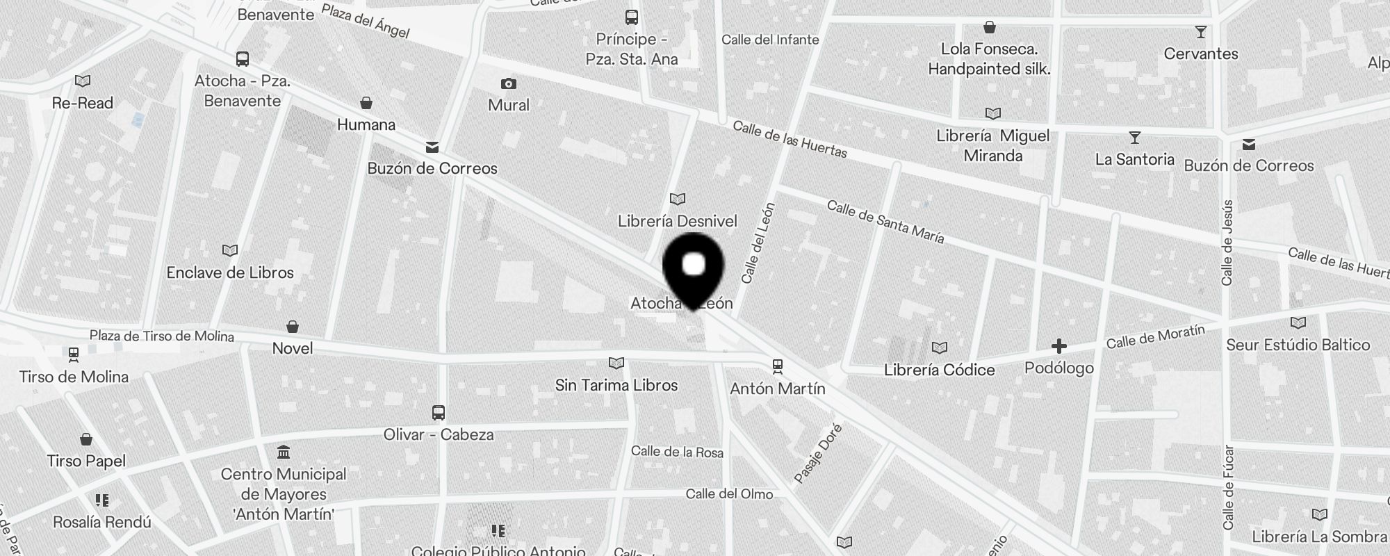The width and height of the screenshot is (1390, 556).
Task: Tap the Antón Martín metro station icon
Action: click(x=778, y=366)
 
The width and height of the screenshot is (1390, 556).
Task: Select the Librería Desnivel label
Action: click(x=677, y=221)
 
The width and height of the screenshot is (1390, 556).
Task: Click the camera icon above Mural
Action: click(x=509, y=84)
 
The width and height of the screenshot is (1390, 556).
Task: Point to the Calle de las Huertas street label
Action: click(x=790, y=139)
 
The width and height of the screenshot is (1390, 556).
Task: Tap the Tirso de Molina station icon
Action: click(x=74, y=354)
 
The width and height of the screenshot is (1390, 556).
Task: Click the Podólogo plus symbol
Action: click(x=1058, y=346)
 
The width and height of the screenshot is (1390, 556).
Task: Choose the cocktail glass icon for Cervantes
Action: click(x=1200, y=32)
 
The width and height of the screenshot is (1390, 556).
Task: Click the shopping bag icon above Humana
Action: click(x=366, y=104)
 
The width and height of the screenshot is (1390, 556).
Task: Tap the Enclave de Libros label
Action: click(x=230, y=272)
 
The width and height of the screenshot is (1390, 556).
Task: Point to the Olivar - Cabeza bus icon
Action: click(x=438, y=413)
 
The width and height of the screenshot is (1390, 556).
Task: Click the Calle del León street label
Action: click(x=758, y=243)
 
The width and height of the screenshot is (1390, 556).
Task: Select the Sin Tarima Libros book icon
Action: click(x=616, y=363)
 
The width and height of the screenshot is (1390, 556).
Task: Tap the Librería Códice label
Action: click(x=939, y=370)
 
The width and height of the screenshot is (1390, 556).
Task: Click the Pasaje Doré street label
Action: click(x=818, y=453)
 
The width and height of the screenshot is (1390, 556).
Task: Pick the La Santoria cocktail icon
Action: click(x=1134, y=138)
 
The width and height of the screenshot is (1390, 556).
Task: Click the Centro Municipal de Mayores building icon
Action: click(x=283, y=453)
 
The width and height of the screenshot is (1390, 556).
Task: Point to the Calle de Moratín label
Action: click(x=1155, y=337)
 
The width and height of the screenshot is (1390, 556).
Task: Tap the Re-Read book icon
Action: click(x=83, y=81)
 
